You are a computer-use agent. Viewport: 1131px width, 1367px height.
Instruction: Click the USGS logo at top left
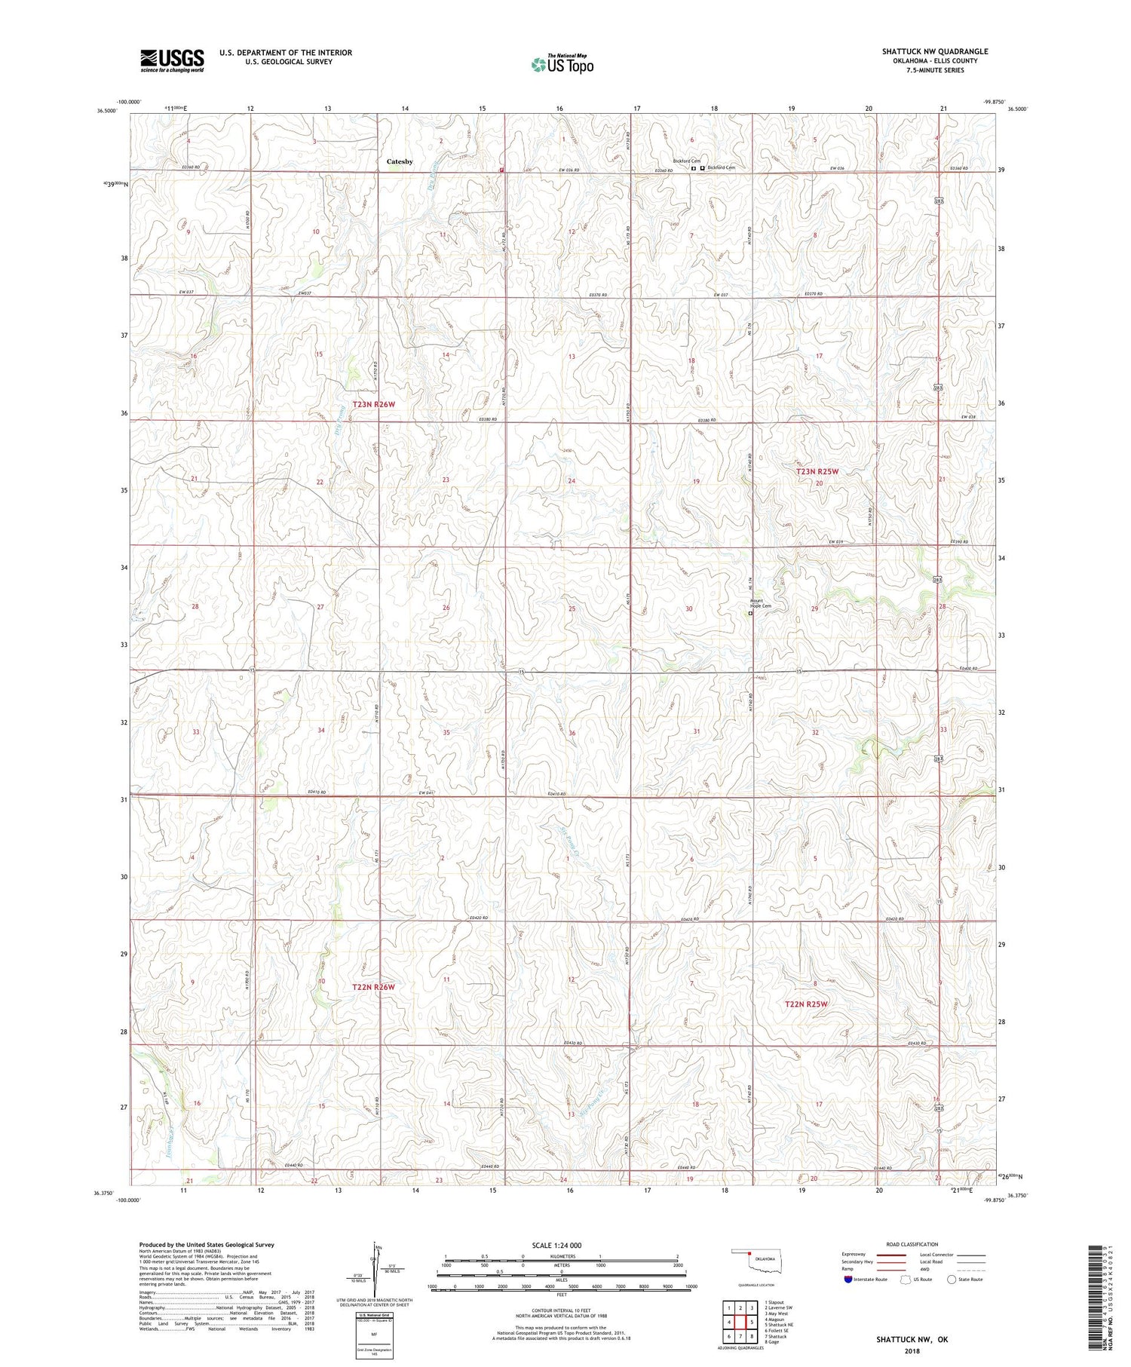tap(172, 60)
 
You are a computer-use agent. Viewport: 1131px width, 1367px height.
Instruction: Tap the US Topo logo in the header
tap(562, 65)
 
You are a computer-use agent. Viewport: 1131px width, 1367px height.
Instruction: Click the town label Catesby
tap(400, 161)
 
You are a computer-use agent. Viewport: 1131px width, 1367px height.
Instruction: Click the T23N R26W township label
tap(374, 405)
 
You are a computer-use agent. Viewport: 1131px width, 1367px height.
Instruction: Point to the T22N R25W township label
tap(806, 1004)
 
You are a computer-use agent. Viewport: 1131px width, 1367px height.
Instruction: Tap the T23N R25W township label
tap(817, 472)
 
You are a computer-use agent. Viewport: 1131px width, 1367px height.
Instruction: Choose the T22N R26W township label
tap(374, 987)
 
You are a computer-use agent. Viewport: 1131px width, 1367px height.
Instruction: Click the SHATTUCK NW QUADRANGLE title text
tap(935, 51)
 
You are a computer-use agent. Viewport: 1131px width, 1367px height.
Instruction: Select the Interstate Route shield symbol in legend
tap(848, 1280)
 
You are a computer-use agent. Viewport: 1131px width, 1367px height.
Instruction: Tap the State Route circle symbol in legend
tap(952, 1280)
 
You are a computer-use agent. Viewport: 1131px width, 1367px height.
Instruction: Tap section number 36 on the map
tap(572, 734)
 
